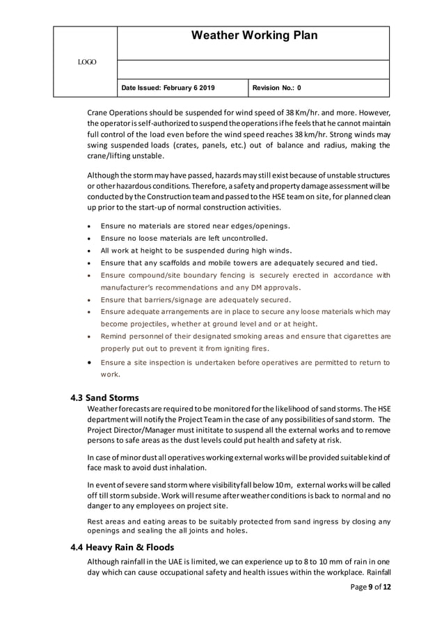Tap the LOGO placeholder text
coord(87,63)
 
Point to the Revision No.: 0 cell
coord(278,88)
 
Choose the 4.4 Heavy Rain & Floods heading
coord(128,547)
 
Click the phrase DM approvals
coord(278,287)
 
